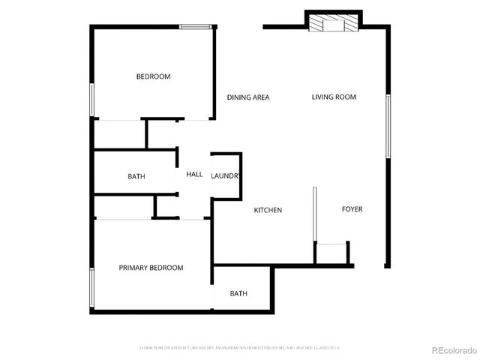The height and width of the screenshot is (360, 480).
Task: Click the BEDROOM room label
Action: (x=153, y=76)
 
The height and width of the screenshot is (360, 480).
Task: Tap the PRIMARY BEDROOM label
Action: (x=151, y=268)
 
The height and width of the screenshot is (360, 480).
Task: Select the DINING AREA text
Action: (x=248, y=97)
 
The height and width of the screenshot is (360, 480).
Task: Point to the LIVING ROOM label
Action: (x=334, y=97)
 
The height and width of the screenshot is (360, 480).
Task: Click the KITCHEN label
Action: (x=268, y=210)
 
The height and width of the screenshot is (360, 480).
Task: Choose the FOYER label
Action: (x=352, y=209)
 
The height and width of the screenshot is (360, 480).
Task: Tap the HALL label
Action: (x=194, y=174)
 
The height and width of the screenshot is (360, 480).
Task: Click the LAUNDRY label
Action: (x=226, y=176)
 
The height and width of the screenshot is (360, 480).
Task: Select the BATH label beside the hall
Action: (x=136, y=177)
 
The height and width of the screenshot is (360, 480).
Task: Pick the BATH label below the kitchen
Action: (x=238, y=294)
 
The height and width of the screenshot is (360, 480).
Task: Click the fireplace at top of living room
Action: (x=332, y=22)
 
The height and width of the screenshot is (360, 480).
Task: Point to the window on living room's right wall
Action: (x=388, y=125)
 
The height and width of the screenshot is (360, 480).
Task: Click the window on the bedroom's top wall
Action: (x=194, y=28)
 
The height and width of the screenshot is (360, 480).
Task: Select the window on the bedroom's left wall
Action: (x=91, y=98)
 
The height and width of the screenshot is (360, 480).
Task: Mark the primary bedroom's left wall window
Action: (x=91, y=289)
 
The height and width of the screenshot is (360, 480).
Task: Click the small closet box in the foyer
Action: (x=331, y=253)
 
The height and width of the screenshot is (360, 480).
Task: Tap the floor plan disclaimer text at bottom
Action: (x=240, y=348)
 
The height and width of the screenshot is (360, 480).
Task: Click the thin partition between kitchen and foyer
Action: (x=313, y=214)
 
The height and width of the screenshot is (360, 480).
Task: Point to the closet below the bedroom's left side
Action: (x=118, y=134)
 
